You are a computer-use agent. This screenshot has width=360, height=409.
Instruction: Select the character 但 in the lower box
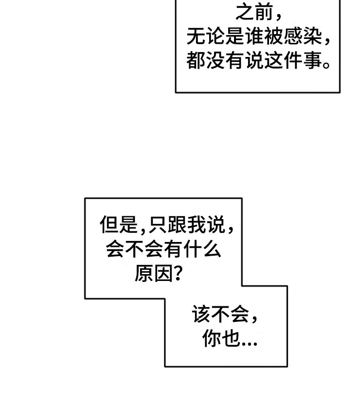point(110,225)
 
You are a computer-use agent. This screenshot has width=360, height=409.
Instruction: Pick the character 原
point(144,275)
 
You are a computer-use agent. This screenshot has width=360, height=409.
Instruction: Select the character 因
point(165,275)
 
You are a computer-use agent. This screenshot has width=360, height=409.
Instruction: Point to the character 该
point(202,315)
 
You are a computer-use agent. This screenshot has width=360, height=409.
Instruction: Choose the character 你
point(213,339)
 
